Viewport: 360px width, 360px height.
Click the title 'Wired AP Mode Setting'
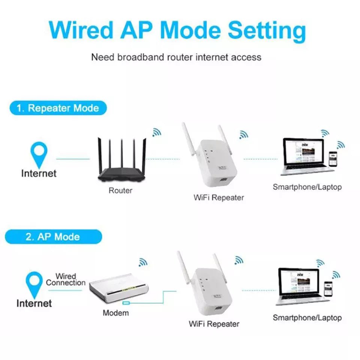[x=177, y=30]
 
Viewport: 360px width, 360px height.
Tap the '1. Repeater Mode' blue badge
[x=58, y=108]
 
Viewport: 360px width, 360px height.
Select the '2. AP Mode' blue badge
[x=53, y=237]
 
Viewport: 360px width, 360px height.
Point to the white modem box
[x=118, y=289]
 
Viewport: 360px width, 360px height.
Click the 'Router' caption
[x=120, y=190]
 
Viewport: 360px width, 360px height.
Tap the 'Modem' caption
[x=116, y=313]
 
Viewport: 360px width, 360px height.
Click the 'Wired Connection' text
[x=66, y=280]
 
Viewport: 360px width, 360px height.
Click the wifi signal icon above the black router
[x=157, y=132]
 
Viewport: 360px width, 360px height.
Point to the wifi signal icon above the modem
[x=143, y=262]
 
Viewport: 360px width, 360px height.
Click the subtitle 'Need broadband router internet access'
[x=176, y=57]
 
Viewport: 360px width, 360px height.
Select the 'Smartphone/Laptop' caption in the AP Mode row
[x=307, y=318]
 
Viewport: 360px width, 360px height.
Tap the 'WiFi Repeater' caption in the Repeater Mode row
[x=219, y=197]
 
